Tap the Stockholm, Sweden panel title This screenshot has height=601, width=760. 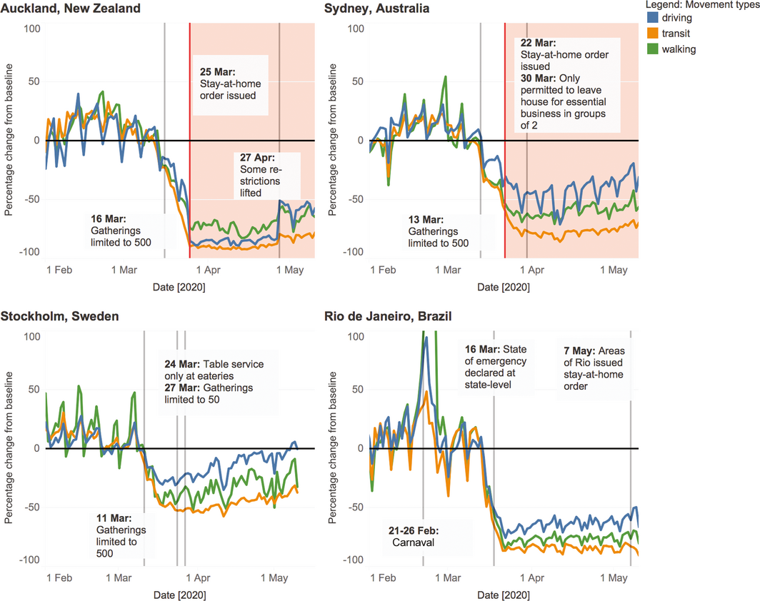59,316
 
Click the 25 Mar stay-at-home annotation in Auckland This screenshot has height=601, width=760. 228,84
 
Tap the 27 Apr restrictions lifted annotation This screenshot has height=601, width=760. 261,175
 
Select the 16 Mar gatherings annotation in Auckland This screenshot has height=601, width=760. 121,231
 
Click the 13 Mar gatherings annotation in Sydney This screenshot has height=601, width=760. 439,231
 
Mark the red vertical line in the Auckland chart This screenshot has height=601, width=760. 189,143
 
